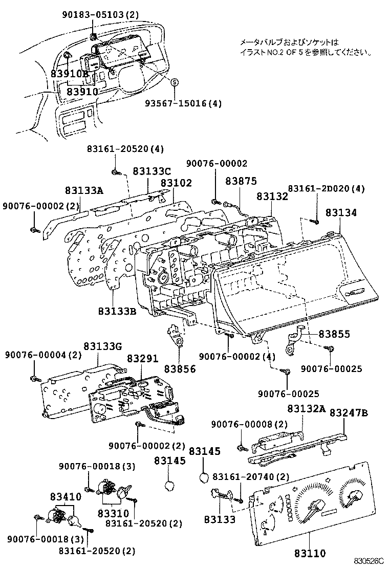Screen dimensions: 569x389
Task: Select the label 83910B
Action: [70, 74]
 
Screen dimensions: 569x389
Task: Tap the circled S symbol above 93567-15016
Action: [174, 82]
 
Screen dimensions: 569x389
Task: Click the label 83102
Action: [176, 183]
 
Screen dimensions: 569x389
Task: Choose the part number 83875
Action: [241, 181]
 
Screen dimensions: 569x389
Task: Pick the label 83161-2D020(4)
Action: [326, 189]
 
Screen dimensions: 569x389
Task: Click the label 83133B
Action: [117, 311]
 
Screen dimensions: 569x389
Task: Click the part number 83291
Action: [143, 359]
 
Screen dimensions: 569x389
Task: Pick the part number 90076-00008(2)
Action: [250, 424]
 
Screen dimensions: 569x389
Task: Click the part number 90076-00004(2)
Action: [44, 355]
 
